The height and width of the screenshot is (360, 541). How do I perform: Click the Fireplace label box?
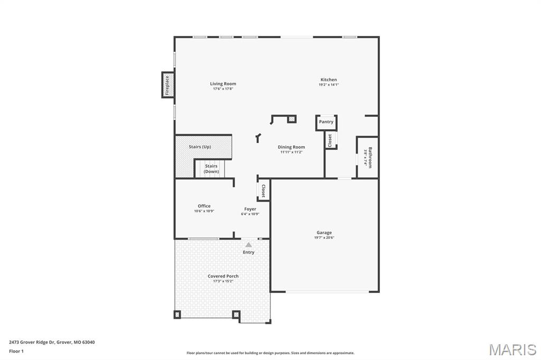tap(167, 85)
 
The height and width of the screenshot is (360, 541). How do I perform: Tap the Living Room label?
tap(223, 83)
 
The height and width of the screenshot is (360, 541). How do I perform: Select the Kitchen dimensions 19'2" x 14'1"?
tap(329, 84)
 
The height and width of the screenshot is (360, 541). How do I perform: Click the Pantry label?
tap(326, 122)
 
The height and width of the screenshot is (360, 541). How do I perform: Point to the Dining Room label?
tap(291, 147)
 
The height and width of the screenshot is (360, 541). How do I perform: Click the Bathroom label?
tap(370, 158)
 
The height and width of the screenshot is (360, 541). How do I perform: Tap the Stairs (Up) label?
tap(200, 147)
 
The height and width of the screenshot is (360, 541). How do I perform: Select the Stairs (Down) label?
tap(211, 168)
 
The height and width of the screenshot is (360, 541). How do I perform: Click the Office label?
tap(204, 206)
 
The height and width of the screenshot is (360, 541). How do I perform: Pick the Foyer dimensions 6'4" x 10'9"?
tap(250, 214)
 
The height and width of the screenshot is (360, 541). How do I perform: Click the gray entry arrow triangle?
tap(248, 245)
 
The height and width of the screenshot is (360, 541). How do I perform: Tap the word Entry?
tap(248, 252)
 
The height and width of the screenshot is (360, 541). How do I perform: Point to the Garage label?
tap(324, 232)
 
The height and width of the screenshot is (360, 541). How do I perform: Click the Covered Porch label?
tap(223, 276)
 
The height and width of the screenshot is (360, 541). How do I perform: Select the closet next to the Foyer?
tap(263, 191)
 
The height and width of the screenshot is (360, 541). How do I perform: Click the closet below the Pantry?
tap(330, 140)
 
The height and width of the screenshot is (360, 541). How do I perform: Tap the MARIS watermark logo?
tap(512, 349)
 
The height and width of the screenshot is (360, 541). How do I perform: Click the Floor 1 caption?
tap(16, 351)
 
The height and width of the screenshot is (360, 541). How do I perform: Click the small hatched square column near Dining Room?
tap(292, 119)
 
